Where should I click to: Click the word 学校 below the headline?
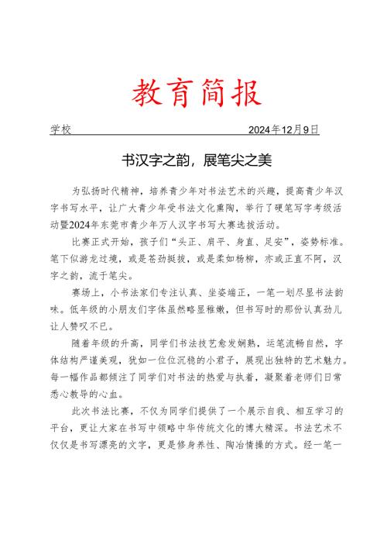(x=61, y=129)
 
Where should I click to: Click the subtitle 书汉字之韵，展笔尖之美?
(x=193, y=160)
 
